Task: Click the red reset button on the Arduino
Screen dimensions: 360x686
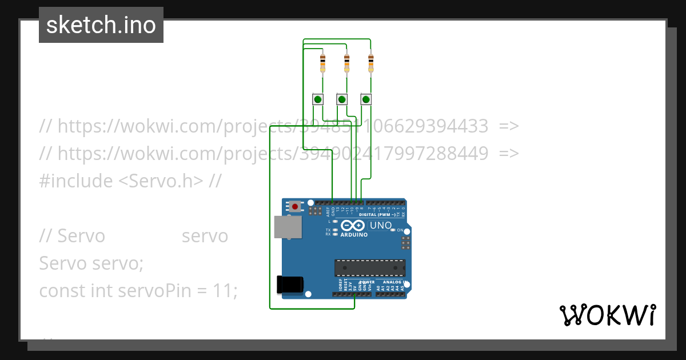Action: (295, 206)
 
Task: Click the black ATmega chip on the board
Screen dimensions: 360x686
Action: (370, 267)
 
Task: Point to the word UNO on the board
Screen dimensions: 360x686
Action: (381, 225)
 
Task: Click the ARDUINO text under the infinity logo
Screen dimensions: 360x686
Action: (354, 235)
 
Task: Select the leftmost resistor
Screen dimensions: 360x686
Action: (323, 62)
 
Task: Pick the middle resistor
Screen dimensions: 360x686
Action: (346, 62)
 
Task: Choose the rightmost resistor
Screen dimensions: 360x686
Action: (370, 62)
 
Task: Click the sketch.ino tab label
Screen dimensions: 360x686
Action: (101, 25)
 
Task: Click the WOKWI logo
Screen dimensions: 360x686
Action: (607, 315)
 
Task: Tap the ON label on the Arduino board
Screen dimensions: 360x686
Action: (400, 230)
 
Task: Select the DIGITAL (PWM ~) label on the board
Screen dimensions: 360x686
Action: (377, 215)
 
